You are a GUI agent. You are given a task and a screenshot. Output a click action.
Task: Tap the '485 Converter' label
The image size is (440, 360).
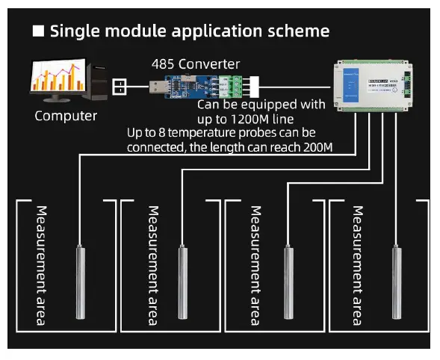coord(196,64)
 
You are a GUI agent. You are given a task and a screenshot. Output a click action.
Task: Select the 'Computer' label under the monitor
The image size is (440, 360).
coord(66,116)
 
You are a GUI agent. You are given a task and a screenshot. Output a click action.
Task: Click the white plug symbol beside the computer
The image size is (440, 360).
coord(120,87)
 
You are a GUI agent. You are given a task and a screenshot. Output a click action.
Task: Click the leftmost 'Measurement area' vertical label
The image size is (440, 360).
coord(42,264)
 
